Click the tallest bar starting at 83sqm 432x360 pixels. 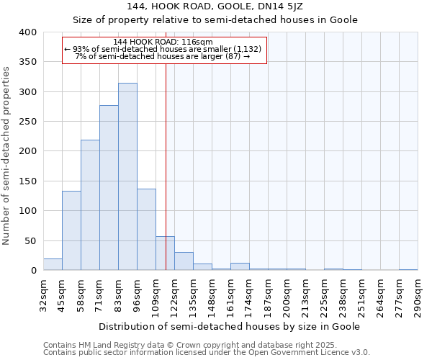(127, 176)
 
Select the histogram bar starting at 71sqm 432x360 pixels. (109, 188)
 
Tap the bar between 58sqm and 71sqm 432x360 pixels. (90, 205)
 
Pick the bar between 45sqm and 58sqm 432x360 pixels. (71, 230)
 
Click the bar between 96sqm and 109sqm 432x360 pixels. (146, 230)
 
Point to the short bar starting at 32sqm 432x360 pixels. (53, 264)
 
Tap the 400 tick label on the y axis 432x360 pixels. (27, 32)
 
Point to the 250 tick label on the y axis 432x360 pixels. (27, 122)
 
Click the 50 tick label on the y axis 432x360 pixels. (30, 240)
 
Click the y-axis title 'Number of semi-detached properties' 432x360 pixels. (6, 155)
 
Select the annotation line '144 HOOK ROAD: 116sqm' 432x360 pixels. (163, 42)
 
